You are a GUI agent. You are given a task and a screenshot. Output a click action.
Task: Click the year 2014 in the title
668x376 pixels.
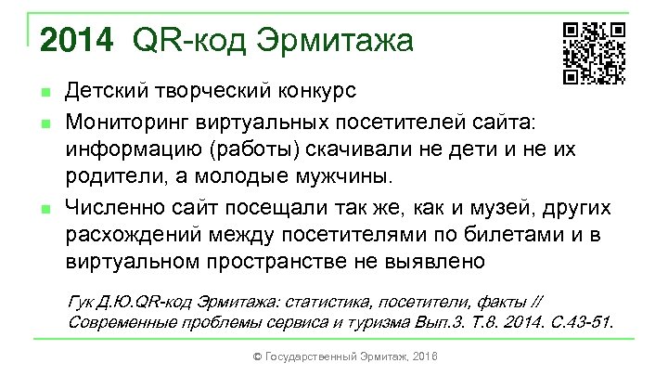pos(78,41)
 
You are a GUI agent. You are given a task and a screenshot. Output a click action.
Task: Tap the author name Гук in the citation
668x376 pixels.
pos(83,300)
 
